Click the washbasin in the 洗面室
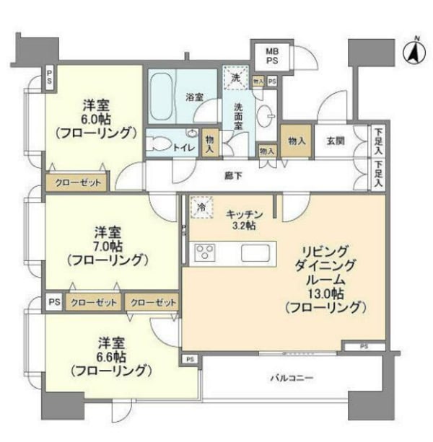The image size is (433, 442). pos(268,118)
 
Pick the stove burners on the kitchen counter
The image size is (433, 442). pos(206,253)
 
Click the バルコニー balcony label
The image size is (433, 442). pos(291,376)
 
